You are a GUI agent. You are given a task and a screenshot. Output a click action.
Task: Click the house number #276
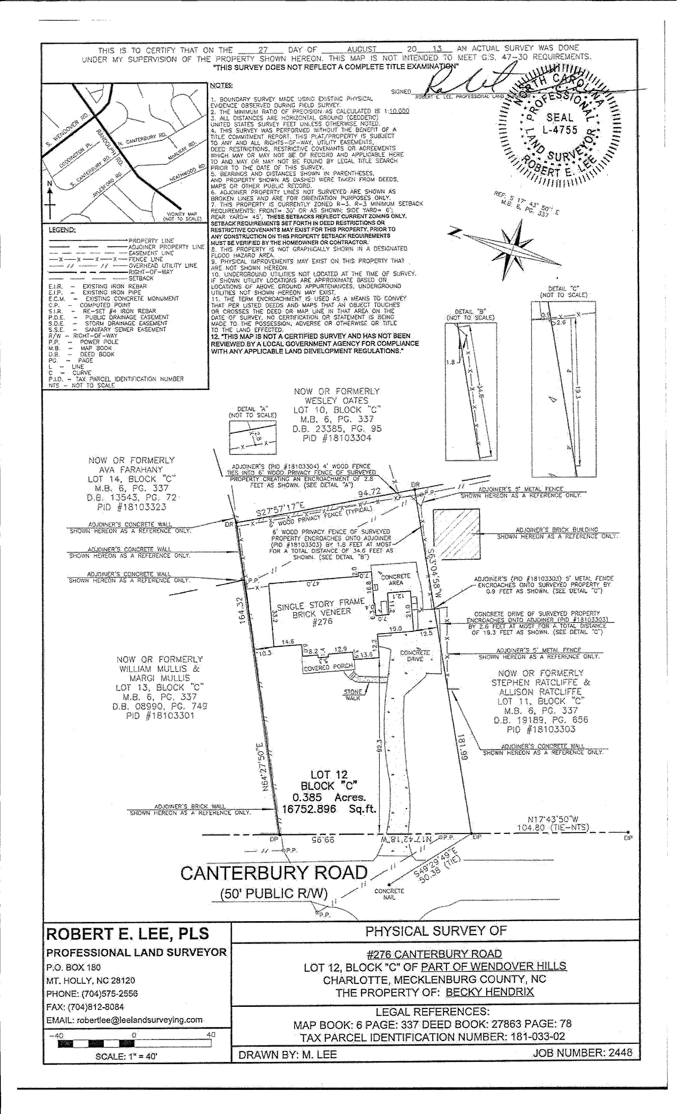pyautogui.click(x=322, y=621)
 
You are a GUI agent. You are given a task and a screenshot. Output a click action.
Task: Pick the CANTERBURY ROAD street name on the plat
pyautogui.click(x=274, y=873)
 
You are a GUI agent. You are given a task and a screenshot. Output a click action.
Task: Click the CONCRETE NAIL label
pyautogui.click(x=389, y=894)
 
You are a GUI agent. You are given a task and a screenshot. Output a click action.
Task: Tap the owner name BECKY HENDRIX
pyautogui.click(x=489, y=992)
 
